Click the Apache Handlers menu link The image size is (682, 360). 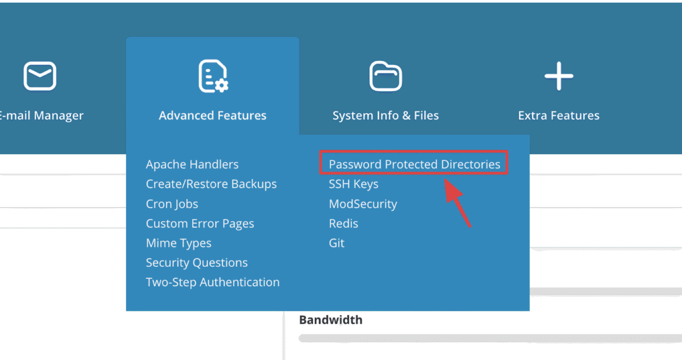point(192,164)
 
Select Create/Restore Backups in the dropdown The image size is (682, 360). point(211,184)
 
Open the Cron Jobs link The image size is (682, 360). point(172,204)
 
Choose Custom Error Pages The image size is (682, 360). point(200,224)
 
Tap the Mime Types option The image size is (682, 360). point(178,243)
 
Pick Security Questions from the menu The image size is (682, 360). point(197,263)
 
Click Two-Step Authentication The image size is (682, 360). point(213,282)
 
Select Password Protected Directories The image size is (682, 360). point(414,164)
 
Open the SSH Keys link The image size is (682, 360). point(354,184)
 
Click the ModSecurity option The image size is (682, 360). point(363,204)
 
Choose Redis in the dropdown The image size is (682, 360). point(343,224)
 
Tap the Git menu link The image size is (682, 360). point(336,243)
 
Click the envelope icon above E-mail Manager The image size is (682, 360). point(40,76)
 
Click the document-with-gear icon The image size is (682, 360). point(213,76)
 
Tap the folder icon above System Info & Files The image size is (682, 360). point(385,76)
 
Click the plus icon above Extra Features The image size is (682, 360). point(559,76)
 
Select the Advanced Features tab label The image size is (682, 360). point(213,115)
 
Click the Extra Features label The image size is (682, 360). point(559,115)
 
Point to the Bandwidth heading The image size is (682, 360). point(331,320)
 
